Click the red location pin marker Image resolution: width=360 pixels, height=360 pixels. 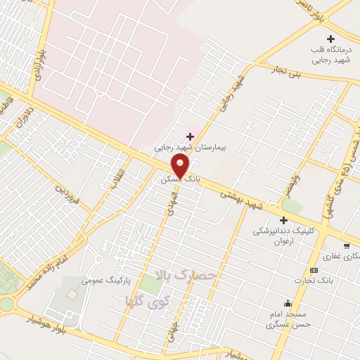[x=181, y=166]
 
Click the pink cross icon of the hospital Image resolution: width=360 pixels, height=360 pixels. [x=189, y=136]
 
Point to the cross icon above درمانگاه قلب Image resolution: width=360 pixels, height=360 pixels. [x=331, y=39]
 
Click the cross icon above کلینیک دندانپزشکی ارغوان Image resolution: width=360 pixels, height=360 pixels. [x=283, y=221]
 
